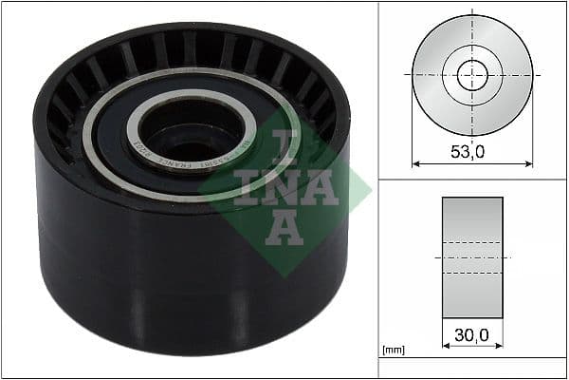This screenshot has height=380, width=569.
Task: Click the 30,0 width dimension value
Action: click(472, 334)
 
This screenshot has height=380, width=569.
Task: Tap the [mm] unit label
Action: click(393, 351)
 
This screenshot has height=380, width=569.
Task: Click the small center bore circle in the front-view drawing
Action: click(472, 74)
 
